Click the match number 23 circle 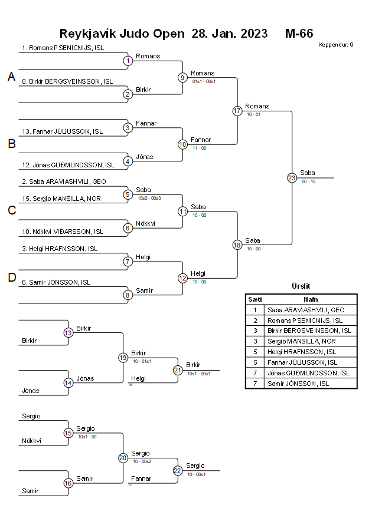292,177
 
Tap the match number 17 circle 237,111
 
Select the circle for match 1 128,61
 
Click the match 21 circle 178,370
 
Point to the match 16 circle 68,483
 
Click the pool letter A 11,77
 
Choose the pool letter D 11,278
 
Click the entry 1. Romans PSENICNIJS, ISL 63,48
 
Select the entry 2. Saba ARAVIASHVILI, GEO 64,182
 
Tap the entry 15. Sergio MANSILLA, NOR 61,199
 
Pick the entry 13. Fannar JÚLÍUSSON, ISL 62,131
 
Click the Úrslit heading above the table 301,286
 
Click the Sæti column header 254,299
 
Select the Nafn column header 311,299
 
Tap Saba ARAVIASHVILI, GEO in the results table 306,310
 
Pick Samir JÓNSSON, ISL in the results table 299,384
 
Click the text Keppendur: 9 336,45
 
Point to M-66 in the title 299,33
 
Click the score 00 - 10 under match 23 308,181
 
